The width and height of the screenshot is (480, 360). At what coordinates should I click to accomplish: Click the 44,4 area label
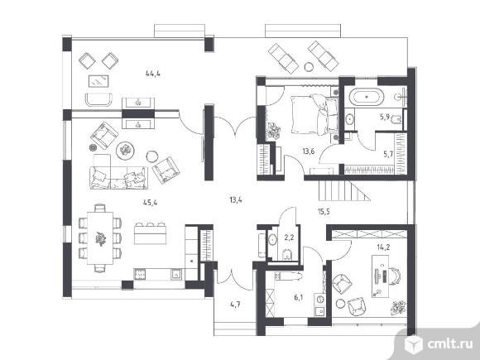point(153,74)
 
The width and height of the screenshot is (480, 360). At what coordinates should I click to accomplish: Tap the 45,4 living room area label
point(151,203)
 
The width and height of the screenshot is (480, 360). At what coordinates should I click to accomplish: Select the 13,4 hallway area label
point(236,200)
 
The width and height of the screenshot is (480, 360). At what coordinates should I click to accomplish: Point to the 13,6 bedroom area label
point(309,151)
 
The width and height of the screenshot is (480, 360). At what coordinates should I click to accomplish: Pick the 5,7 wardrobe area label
point(388,154)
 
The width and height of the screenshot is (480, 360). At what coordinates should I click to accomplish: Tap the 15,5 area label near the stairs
point(324,211)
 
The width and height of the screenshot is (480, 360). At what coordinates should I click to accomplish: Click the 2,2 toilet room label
point(289,237)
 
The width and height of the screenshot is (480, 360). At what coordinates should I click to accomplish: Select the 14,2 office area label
point(383,247)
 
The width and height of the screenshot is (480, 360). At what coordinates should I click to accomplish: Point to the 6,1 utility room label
point(299,297)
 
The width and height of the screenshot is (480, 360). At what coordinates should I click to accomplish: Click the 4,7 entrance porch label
point(235,305)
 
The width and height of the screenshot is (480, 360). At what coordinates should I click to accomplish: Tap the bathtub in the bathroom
point(367,97)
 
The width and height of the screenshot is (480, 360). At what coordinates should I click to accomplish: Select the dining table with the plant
point(100,238)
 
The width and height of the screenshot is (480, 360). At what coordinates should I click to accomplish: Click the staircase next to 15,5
point(344,190)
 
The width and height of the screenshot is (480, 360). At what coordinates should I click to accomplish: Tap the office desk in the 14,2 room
point(380,276)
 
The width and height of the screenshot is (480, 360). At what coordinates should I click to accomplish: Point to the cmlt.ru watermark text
point(450,344)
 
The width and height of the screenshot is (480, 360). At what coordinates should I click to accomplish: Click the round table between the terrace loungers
point(309,66)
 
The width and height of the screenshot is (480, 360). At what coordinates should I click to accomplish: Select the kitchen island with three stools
point(150,233)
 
